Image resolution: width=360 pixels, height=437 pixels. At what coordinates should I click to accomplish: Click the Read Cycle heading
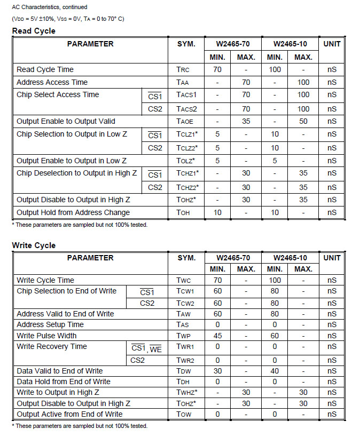pos(34,31)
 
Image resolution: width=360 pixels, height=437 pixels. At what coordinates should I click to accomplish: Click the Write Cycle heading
pos(34,245)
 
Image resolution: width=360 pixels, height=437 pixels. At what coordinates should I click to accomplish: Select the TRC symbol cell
pos(183,69)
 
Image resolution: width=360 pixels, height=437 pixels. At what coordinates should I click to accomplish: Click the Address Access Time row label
pos(52,82)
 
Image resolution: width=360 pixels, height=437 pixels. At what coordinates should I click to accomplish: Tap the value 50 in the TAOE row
pos(303,121)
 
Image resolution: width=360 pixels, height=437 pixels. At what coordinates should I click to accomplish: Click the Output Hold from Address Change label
pos(73,212)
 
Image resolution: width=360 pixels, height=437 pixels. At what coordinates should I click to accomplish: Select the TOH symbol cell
pos(183,212)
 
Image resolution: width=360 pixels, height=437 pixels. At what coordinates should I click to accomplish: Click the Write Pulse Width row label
pos(46,336)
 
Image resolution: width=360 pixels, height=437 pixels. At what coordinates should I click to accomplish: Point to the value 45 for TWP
pos(217,336)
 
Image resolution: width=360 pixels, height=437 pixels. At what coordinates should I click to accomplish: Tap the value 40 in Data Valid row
pos(275,371)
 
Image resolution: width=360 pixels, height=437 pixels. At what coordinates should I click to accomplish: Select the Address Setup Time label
pos(50,324)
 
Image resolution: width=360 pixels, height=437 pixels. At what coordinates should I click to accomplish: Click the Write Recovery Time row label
pos(52,347)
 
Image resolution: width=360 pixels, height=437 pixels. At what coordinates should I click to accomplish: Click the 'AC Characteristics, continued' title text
pos(50,7)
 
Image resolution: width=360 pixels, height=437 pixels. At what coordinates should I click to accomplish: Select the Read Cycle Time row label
pos(45,69)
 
